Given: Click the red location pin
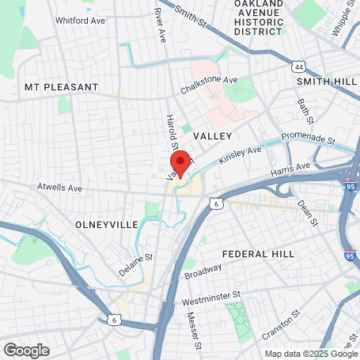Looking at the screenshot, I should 180,163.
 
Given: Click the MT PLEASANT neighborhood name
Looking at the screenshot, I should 61,86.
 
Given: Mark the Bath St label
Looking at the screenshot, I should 305,104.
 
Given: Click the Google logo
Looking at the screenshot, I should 26,350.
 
